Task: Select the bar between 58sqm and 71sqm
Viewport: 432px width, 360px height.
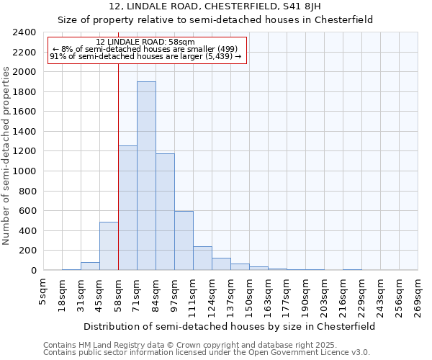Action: pos(127,208)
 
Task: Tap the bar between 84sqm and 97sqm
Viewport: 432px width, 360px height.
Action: pos(165,212)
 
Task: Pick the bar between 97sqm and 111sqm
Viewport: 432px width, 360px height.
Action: pos(184,240)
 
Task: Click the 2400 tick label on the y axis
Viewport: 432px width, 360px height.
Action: pos(24,32)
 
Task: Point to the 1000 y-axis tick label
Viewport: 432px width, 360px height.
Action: pos(24,171)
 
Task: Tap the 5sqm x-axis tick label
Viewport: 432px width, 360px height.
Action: pos(45,292)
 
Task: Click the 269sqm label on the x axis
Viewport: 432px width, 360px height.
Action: pos(418,296)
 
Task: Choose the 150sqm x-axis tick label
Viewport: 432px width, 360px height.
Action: pos(249,296)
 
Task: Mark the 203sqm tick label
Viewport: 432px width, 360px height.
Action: pos(324,296)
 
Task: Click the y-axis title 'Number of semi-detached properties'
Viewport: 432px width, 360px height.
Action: pos(8,156)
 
